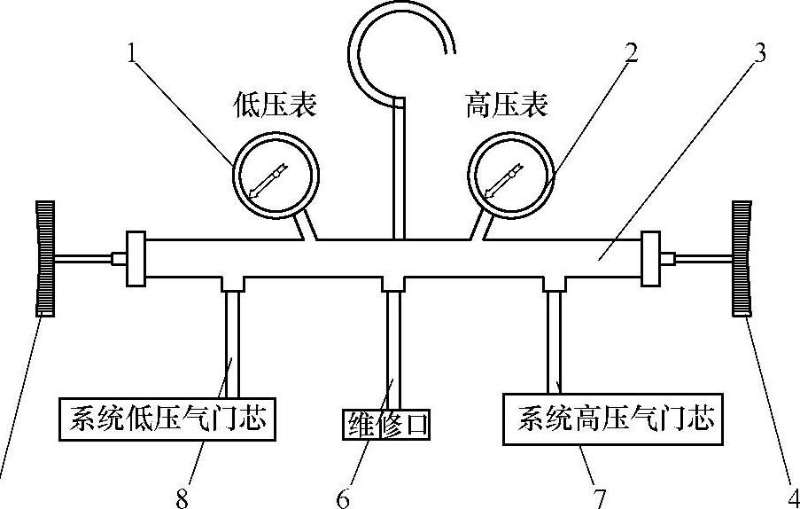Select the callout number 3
coord(759,53)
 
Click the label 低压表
coord(276,106)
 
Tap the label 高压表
coord(507,106)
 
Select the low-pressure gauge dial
coord(275,174)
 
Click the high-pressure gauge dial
coord(511,174)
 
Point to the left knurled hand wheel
coord(43,258)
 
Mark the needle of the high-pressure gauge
coord(501,181)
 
